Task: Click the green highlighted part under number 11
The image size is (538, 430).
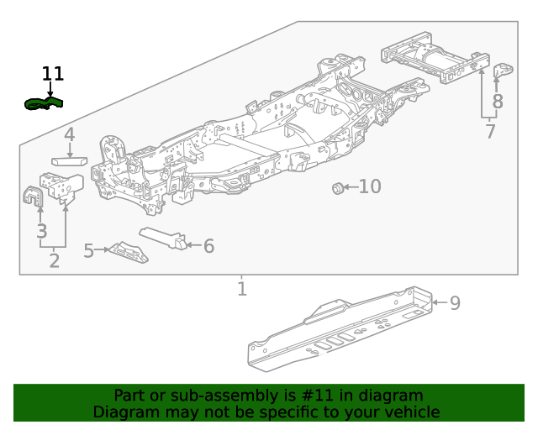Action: (44, 103)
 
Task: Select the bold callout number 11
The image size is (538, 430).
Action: (52, 74)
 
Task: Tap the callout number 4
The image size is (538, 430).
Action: (69, 134)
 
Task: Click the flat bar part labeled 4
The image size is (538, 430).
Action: (69, 161)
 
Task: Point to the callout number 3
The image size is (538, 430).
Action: (42, 231)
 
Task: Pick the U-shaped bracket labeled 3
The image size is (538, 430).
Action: (33, 196)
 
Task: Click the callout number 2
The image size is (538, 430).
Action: (54, 261)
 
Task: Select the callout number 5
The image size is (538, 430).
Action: (88, 250)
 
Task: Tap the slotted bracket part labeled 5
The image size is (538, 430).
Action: (129, 253)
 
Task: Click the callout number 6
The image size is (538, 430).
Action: (209, 246)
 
